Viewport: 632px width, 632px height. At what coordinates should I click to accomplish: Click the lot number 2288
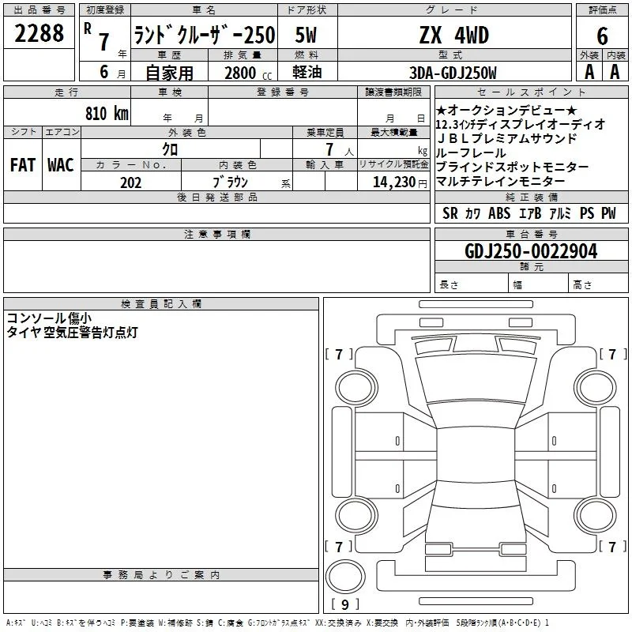39,33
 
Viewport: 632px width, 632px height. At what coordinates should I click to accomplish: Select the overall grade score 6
602,36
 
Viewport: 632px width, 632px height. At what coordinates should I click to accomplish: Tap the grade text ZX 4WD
454,35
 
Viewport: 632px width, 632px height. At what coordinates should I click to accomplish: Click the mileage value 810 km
107,113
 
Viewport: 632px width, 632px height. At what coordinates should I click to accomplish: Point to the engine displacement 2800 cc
248,73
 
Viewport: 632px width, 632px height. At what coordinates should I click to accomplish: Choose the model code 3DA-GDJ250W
453,73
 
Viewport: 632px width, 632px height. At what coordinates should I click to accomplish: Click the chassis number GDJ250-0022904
531,251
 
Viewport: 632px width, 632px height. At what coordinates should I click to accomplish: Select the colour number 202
130,182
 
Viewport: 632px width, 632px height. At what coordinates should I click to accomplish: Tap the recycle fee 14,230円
400,182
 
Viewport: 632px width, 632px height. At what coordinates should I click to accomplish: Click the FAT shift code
23,165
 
